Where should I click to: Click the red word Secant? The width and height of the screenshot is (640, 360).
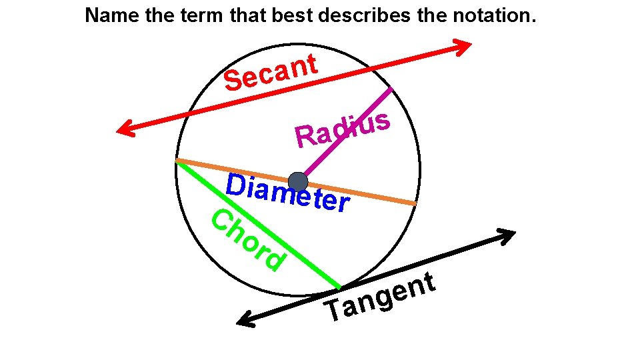click(x=270, y=73)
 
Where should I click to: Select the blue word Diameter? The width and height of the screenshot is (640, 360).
click(x=287, y=192)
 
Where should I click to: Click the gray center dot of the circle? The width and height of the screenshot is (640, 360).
click(x=297, y=181)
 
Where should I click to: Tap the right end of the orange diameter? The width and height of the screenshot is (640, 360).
click(x=415, y=203)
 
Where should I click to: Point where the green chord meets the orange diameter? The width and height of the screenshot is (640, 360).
click(x=177, y=161)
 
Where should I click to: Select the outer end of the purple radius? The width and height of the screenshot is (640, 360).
click(x=390, y=89)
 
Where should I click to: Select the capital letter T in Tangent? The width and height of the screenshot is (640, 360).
click(x=333, y=311)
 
